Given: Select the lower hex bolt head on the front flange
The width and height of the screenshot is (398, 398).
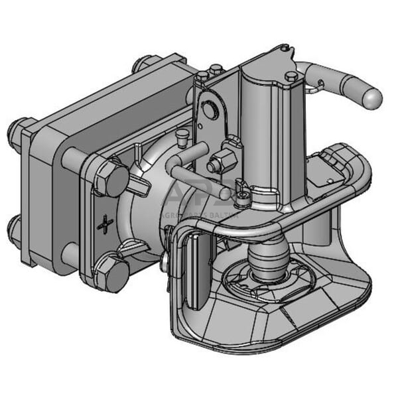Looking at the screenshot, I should click(x=110, y=272).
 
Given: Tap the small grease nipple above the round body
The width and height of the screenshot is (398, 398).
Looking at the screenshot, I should click(x=180, y=136).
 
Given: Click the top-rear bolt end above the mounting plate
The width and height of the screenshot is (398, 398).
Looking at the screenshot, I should click(x=141, y=64).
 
